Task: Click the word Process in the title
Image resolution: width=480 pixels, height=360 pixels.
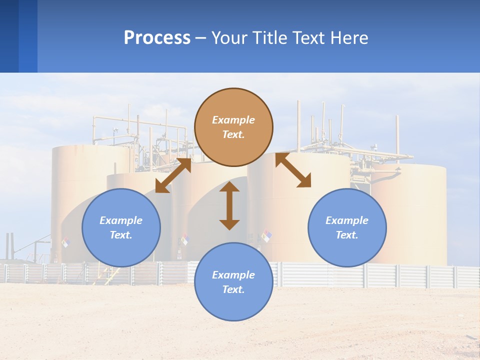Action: [x=157, y=38]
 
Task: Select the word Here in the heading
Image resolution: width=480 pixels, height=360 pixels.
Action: [x=349, y=38]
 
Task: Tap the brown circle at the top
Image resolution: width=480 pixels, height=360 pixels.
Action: [x=233, y=127]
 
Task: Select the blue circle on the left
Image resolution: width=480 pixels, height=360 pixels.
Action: [x=121, y=227]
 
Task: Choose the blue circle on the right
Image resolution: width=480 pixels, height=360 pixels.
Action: [x=347, y=227]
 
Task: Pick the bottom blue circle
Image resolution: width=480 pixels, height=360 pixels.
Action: [x=233, y=282]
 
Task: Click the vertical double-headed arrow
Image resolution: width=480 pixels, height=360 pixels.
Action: [x=229, y=205]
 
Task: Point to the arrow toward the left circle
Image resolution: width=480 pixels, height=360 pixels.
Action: [x=173, y=175]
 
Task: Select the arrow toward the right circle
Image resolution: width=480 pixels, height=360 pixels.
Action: [x=293, y=170]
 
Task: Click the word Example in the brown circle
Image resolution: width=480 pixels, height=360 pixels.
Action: [x=233, y=120]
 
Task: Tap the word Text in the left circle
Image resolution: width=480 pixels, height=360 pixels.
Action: [x=121, y=235]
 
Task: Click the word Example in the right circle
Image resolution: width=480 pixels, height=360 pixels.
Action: [x=347, y=220]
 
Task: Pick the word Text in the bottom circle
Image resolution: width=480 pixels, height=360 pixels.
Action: [x=233, y=289]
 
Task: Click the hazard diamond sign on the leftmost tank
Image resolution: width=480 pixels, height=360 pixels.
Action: [x=65, y=242]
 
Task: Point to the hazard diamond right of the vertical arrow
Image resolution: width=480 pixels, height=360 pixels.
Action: [x=267, y=235]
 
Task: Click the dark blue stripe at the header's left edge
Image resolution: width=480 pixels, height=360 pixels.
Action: [x=9, y=36]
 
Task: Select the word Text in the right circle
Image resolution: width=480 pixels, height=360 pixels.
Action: [x=347, y=235]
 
